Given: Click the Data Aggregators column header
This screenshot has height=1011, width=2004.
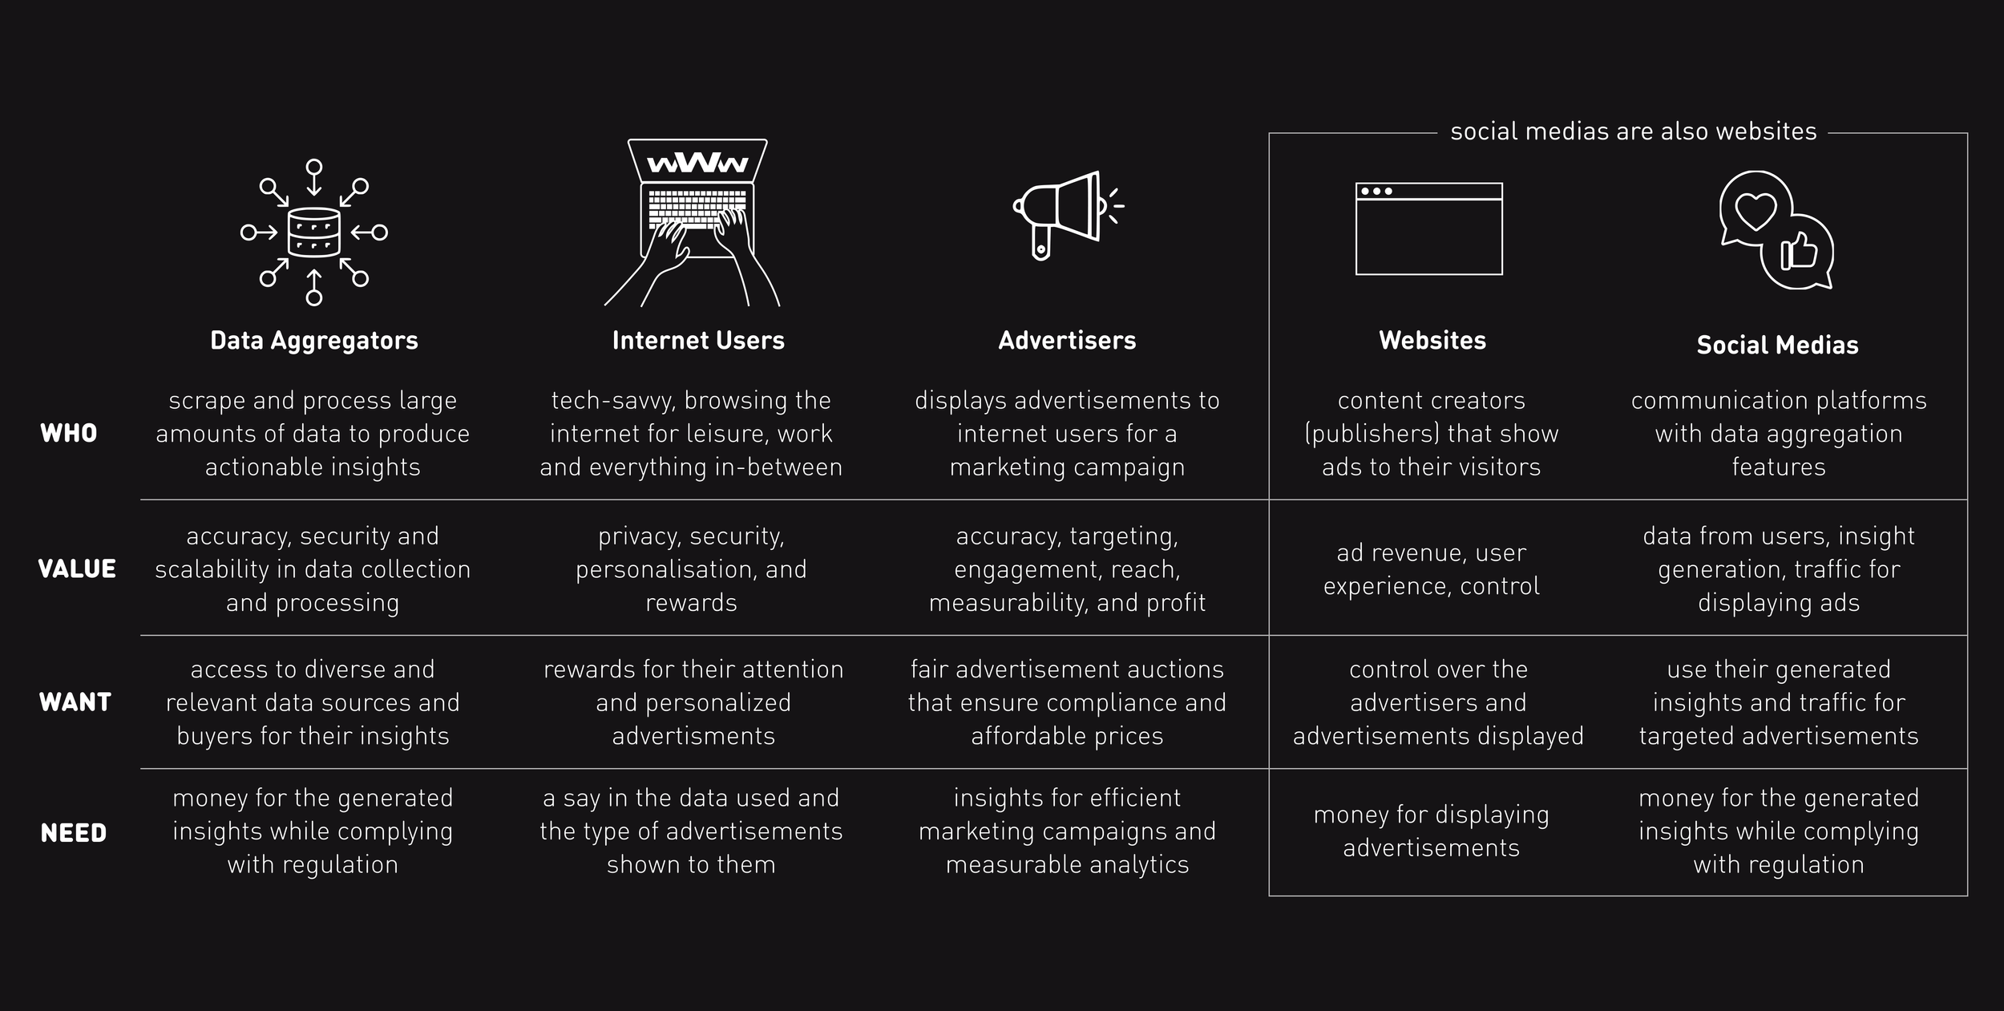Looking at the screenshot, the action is click(x=313, y=341).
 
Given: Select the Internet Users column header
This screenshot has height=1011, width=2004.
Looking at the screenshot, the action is click(x=698, y=341).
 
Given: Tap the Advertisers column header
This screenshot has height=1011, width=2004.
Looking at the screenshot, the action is click(x=1067, y=341).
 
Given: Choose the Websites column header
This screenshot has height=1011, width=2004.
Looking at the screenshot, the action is click(x=1432, y=341).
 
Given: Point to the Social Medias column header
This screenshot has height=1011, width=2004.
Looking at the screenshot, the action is click(x=1777, y=346).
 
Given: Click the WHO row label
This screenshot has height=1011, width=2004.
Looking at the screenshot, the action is click(x=69, y=434).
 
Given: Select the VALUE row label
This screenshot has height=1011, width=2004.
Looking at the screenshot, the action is click(x=77, y=569).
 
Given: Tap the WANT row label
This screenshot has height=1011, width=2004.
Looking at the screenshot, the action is click(x=75, y=702).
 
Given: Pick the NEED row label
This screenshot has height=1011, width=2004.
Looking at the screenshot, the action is click(x=74, y=833).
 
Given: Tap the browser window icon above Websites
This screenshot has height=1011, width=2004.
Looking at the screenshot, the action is click(x=1428, y=228).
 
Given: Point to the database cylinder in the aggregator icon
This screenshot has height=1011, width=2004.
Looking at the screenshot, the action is click(x=313, y=233).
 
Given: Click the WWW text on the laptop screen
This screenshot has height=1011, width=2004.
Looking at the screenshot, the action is click(x=697, y=164).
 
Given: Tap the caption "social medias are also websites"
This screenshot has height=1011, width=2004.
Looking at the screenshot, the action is click(x=1633, y=131).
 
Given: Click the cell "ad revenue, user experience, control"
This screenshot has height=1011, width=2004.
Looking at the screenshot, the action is click(x=1431, y=569).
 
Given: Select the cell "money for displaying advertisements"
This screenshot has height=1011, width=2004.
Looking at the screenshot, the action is click(x=1431, y=831).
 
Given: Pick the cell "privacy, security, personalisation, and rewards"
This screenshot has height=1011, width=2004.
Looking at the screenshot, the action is click(x=691, y=569).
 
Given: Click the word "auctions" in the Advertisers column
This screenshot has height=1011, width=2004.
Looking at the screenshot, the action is click(x=1178, y=669).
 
